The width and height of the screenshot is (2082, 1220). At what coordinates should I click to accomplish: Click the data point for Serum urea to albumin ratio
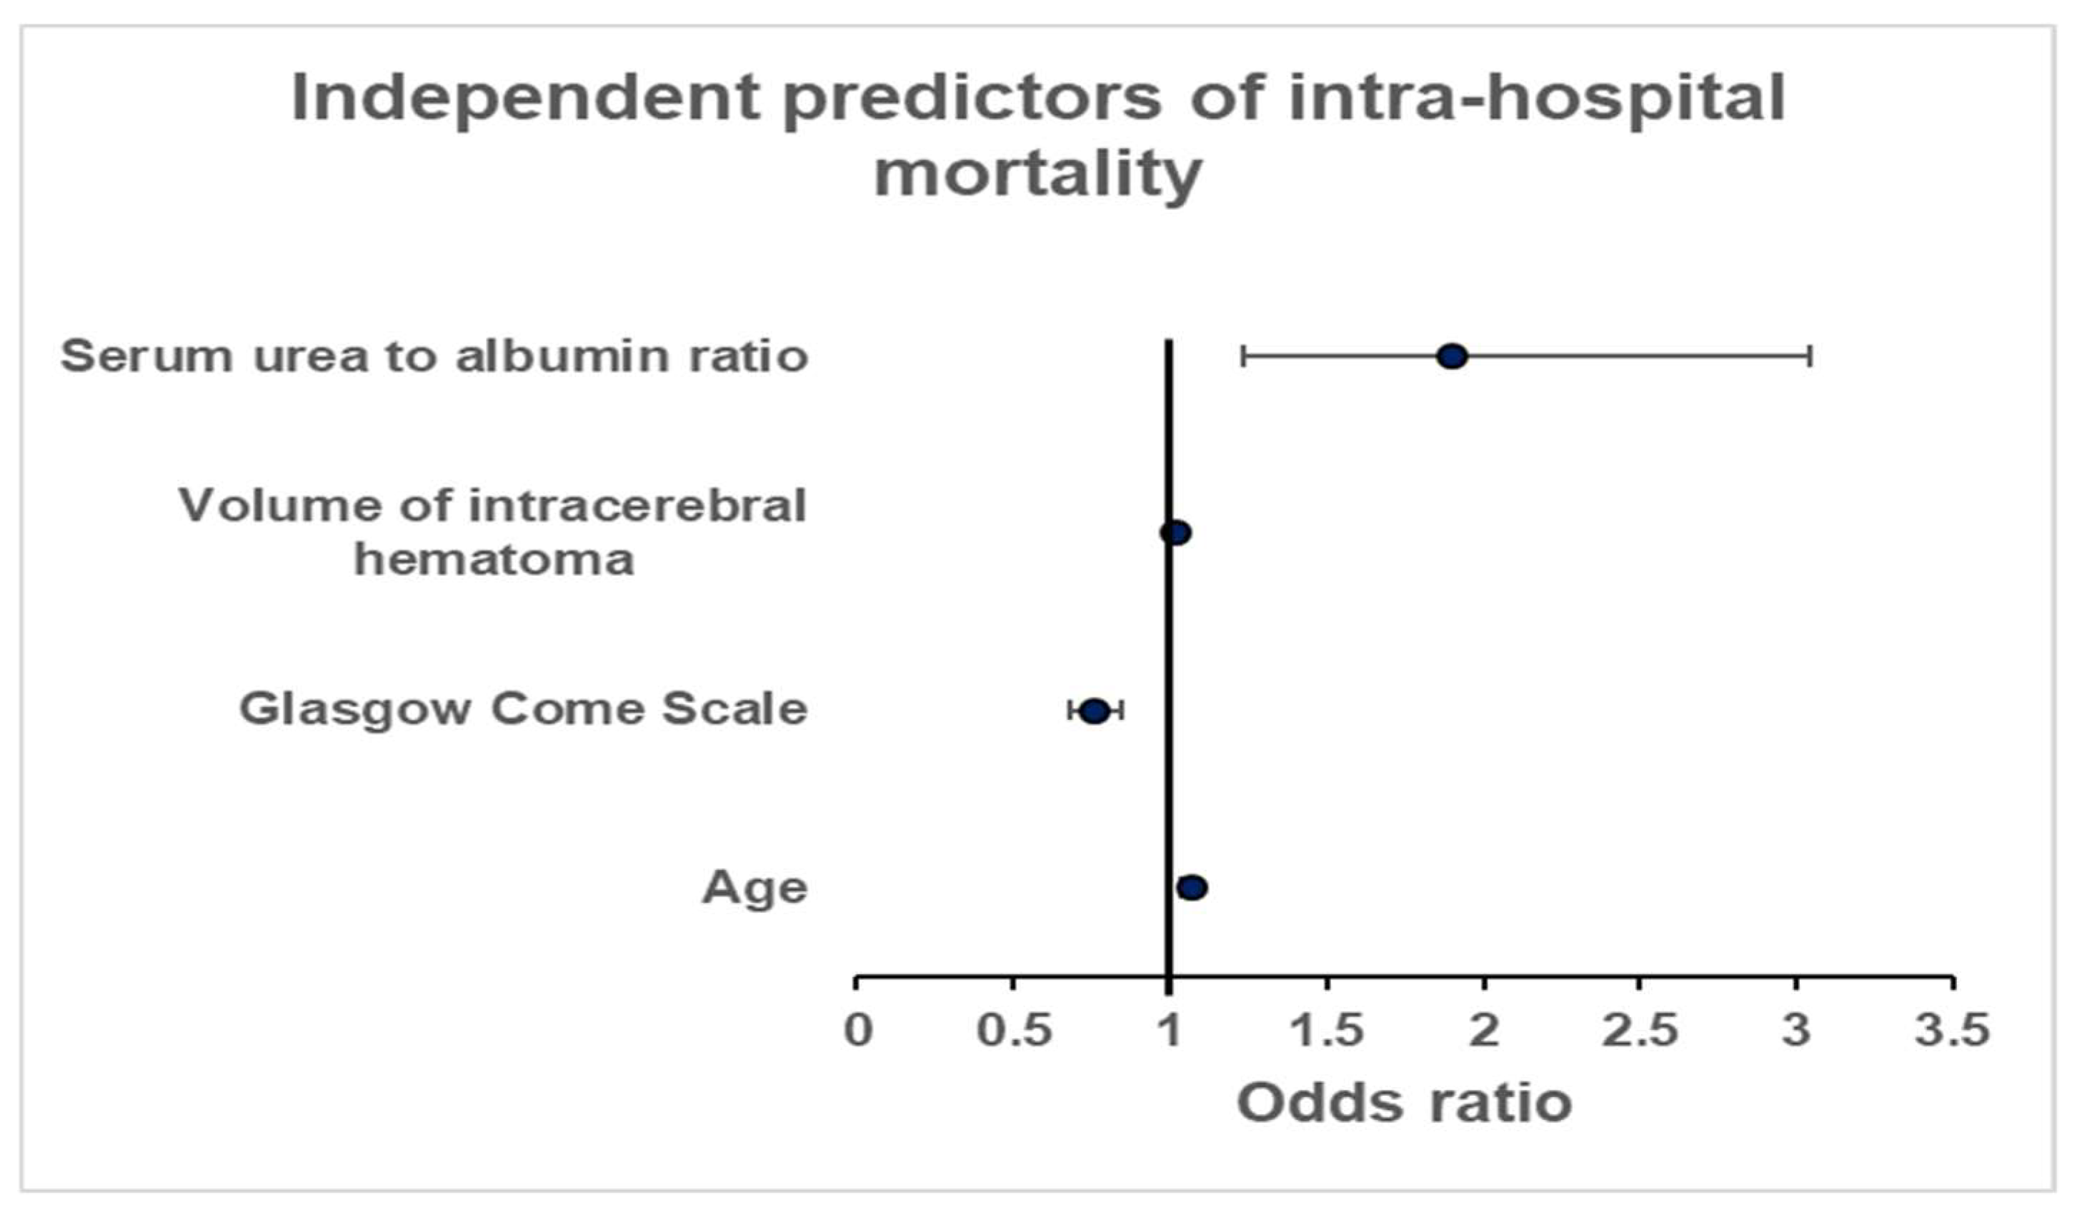(x=1452, y=357)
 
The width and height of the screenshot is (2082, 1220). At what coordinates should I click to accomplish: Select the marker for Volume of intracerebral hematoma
(x=1175, y=533)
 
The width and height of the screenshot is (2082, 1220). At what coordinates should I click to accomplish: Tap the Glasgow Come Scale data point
(x=1095, y=711)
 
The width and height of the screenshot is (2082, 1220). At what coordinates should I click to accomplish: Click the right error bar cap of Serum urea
(x=1810, y=357)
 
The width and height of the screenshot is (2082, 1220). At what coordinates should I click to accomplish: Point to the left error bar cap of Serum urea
(x=1242, y=357)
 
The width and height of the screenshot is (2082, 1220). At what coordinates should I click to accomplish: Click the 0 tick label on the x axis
(x=857, y=1030)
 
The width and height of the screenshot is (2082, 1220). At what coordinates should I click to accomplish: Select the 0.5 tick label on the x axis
(x=1014, y=1030)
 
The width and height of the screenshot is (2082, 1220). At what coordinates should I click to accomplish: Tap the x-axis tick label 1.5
(x=1327, y=1030)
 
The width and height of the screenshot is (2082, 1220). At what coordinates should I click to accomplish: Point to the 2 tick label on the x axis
(x=1484, y=1030)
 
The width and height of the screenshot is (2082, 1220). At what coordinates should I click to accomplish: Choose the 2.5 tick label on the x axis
(x=1640, y=1030)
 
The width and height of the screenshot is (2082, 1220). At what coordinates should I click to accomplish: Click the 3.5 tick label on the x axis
(x=1952, y=1030)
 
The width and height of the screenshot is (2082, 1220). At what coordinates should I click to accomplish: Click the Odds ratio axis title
(x=1404, y=1103)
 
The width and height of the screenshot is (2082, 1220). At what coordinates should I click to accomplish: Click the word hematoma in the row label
(x=494, y=560)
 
